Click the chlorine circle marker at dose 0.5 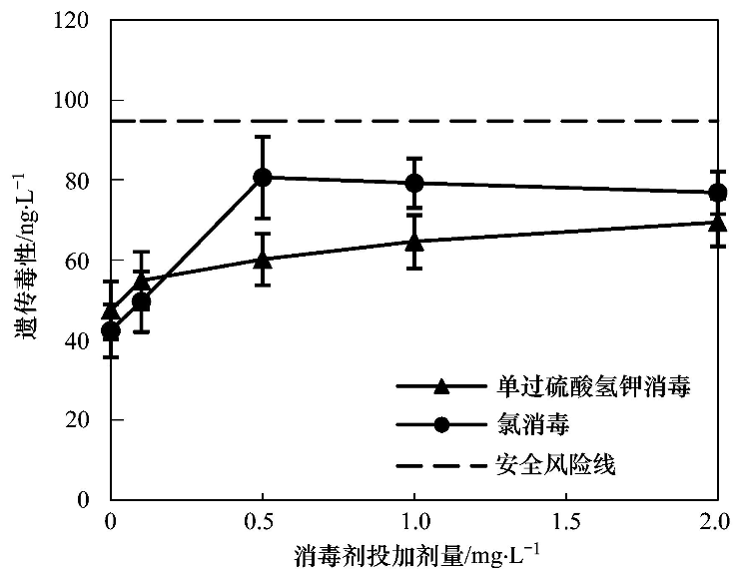[x=263, y=177]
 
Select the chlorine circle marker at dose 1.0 [x=414, y=183]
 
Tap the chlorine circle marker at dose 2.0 [x=717, y=193]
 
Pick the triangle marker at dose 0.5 [x=263, y=260]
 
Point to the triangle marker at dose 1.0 [x=414, y=241]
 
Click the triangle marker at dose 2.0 [x=717, y=222]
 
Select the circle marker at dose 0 [x=111, y=330]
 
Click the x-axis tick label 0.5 [x=263, y=522]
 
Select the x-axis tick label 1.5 [x=565, y=522]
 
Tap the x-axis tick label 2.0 [x=717, y=522]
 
